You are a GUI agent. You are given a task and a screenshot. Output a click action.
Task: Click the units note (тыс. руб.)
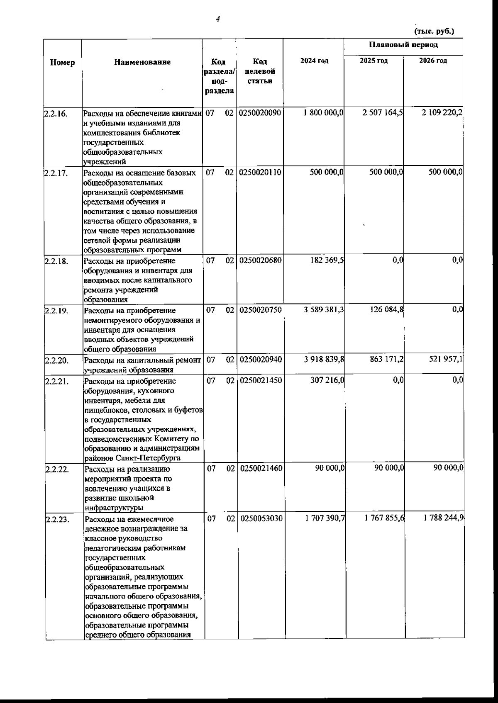tap(434, 31)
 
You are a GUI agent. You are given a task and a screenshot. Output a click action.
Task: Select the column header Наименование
tap(142, 62)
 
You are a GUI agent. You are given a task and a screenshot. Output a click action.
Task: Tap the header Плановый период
tap(403, 45)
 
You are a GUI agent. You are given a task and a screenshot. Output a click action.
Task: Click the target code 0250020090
tap(260, 113)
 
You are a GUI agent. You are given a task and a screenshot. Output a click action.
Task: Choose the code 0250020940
tap(260, 360)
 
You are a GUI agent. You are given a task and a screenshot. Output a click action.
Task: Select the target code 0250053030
tap(260, 518)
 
